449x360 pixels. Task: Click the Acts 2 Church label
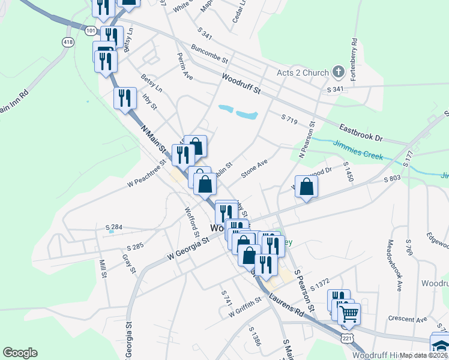point(303,73)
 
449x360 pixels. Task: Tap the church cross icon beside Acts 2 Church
point(339,73)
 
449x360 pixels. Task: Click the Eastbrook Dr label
point(360,133)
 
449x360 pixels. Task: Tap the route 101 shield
point(90,30)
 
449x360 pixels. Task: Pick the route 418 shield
point(67,41)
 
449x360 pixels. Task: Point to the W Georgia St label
point(187,247)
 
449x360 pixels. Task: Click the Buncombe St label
point(210,54)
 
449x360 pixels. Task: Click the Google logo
point(20,353)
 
